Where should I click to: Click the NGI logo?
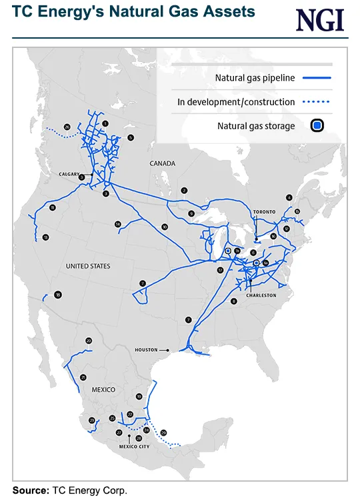[320, 20]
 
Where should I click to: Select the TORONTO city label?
[264, 212]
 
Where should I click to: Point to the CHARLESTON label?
[261, 294]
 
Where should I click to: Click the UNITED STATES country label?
[87, 266]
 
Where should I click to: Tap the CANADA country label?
[162, 163]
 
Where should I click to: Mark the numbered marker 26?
[67, 127]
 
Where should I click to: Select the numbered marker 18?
[58, 295]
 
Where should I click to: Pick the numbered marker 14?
[117, 224]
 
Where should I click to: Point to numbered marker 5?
[131, 137]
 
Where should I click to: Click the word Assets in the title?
[227, 12]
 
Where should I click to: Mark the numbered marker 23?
[92, 420]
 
